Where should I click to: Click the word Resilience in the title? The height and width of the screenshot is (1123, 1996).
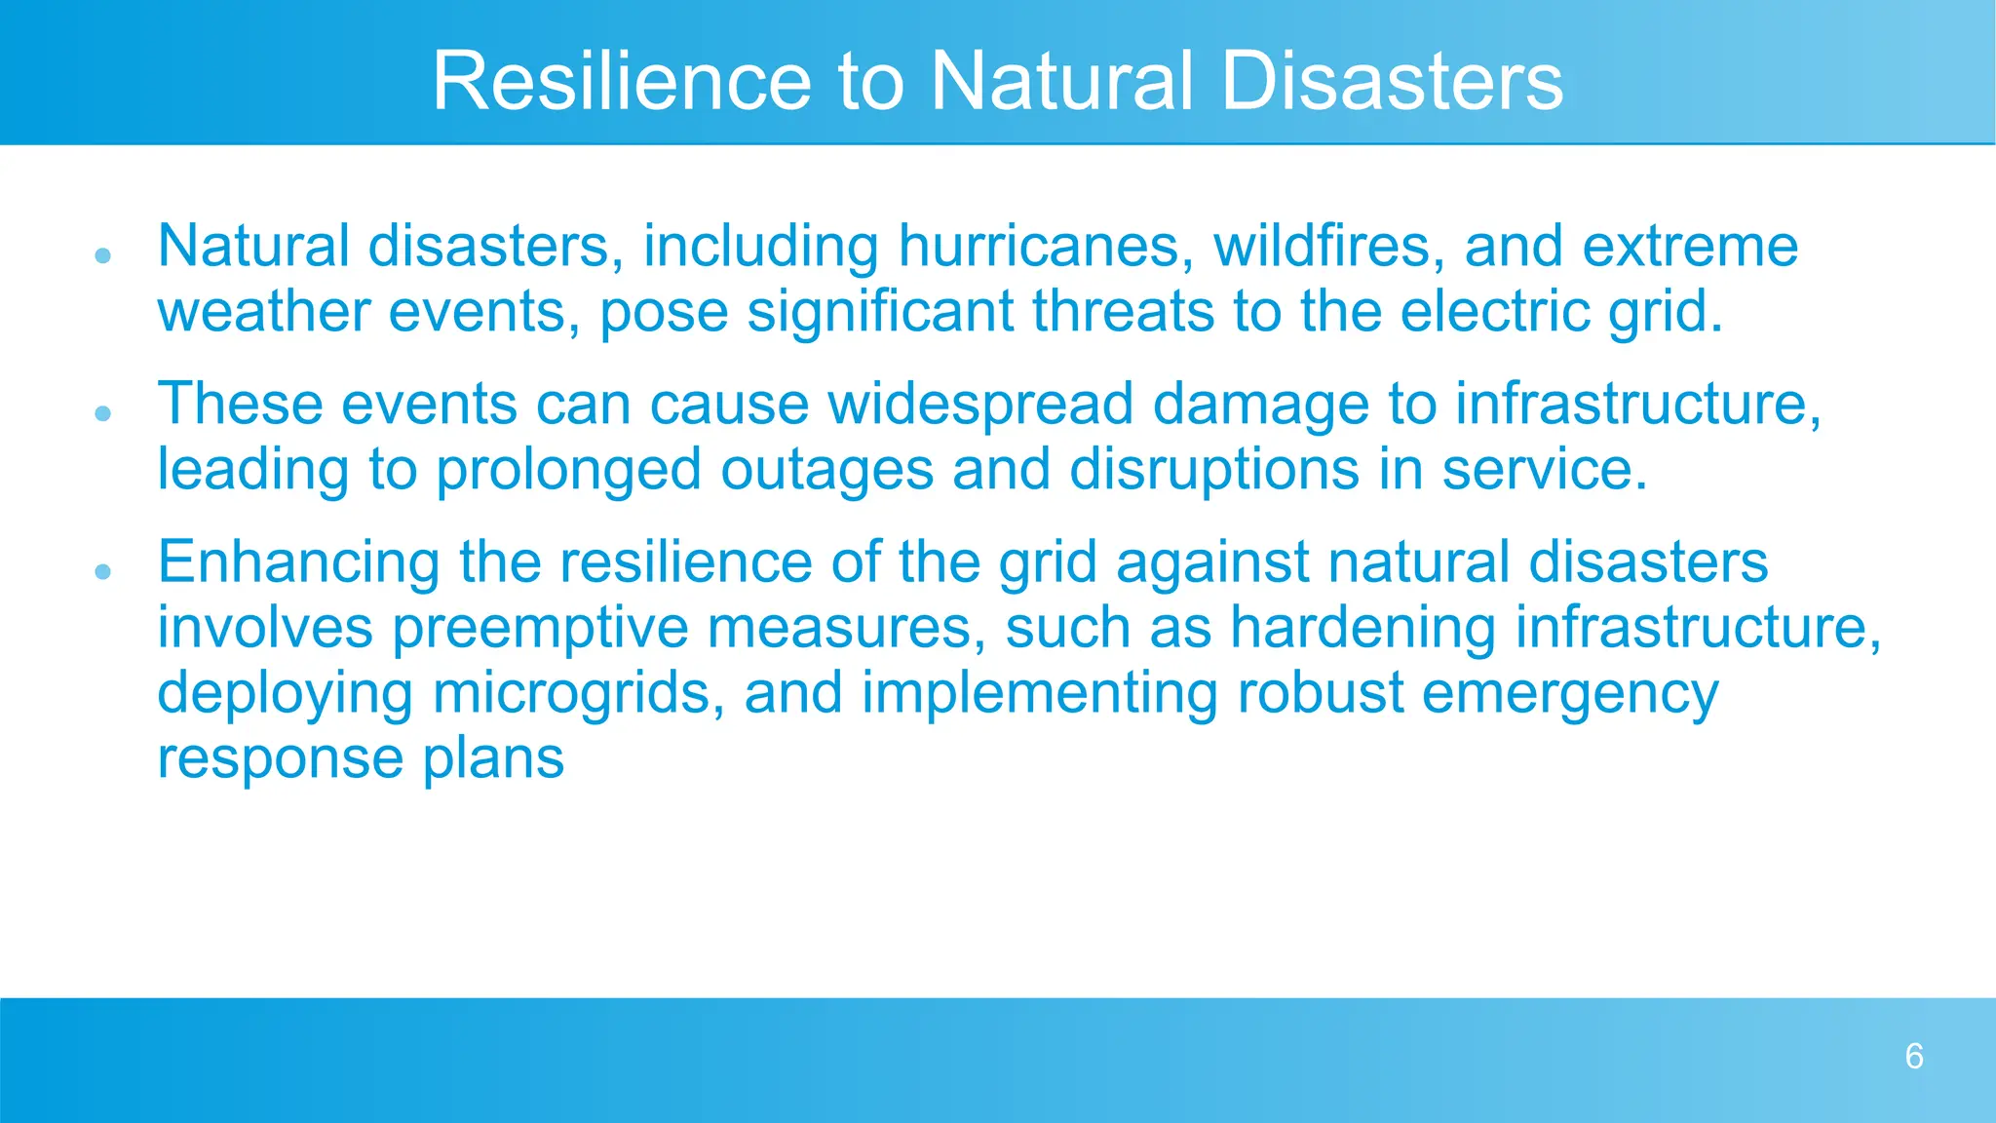click(x=621, y=81)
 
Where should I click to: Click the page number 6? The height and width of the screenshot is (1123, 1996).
click(x=1914, y=1057)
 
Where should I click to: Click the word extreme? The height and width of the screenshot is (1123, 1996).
click(x=1690, y=246)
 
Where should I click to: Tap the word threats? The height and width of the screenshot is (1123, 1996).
click(x=1123, y=312)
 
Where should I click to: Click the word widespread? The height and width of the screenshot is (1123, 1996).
click(x=981, y=404)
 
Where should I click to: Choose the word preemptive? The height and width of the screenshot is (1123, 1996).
click(x=540, y=629)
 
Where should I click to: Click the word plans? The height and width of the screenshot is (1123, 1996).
click(x=493, y=759)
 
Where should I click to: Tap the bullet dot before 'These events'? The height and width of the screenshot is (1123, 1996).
click(x=103, y=413)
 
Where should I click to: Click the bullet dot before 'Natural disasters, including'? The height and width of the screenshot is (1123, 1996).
click(x=103, y=256)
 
